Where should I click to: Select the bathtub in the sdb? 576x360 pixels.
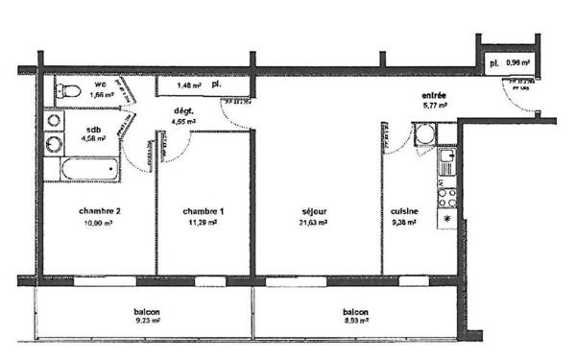coord(87,171)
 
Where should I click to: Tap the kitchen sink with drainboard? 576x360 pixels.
coord(446,163)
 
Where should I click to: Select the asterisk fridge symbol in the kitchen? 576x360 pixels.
coord(446,220)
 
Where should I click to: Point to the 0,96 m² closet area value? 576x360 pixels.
coord(518,62)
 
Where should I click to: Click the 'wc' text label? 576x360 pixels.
coord(100,84)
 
